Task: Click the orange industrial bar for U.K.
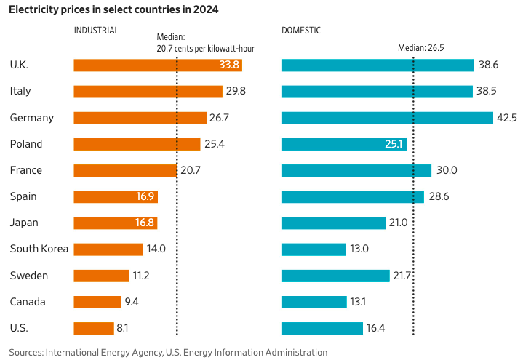[x=145, y=65]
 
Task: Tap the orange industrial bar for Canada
[x=97, y=302]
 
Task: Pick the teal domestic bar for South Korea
[x=314, y=249]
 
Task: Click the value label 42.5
[x=507, y=118]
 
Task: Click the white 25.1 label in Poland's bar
[x=394, y=144]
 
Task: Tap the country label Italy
[x=20, y=92]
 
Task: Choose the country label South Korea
[x=39, y=249]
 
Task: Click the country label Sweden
[x=29, y=276]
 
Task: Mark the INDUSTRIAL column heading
[x=96, y=31]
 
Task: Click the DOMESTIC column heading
[x=301, y=31]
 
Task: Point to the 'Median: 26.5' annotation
[x=420, y=48]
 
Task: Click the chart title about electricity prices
[x=113, y=9]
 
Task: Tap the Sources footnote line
[x=168, y=352]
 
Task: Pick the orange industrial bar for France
[x=125, y=170]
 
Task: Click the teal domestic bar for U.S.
[x=322, y=328]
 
